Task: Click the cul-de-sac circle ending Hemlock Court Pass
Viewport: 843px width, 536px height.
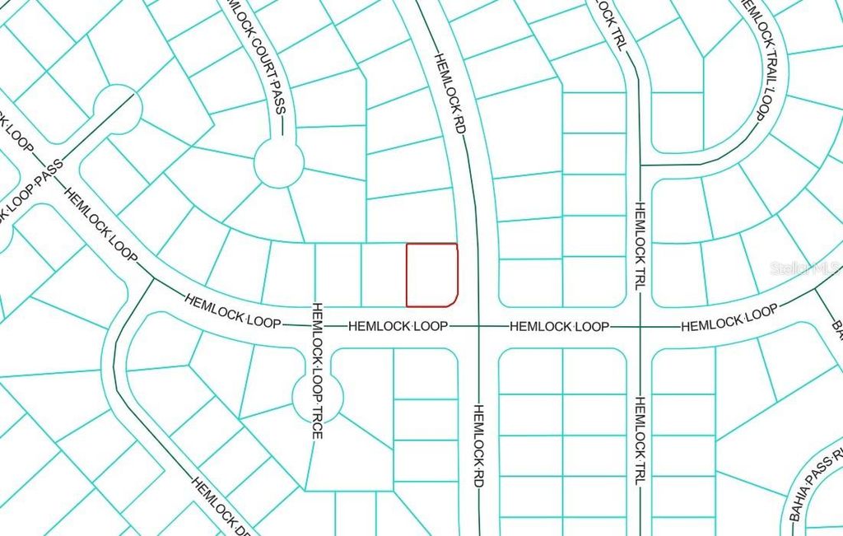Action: (278, 163)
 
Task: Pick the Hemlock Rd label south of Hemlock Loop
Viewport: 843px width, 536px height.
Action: (477, 444)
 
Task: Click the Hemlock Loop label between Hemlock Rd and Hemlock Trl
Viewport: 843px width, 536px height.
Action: (559, 327)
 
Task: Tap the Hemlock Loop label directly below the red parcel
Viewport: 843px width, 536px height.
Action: (398, 327)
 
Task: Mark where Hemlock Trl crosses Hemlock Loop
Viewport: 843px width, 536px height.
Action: (639, 327)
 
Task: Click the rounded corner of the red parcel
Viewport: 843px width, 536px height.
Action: (454, 301)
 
